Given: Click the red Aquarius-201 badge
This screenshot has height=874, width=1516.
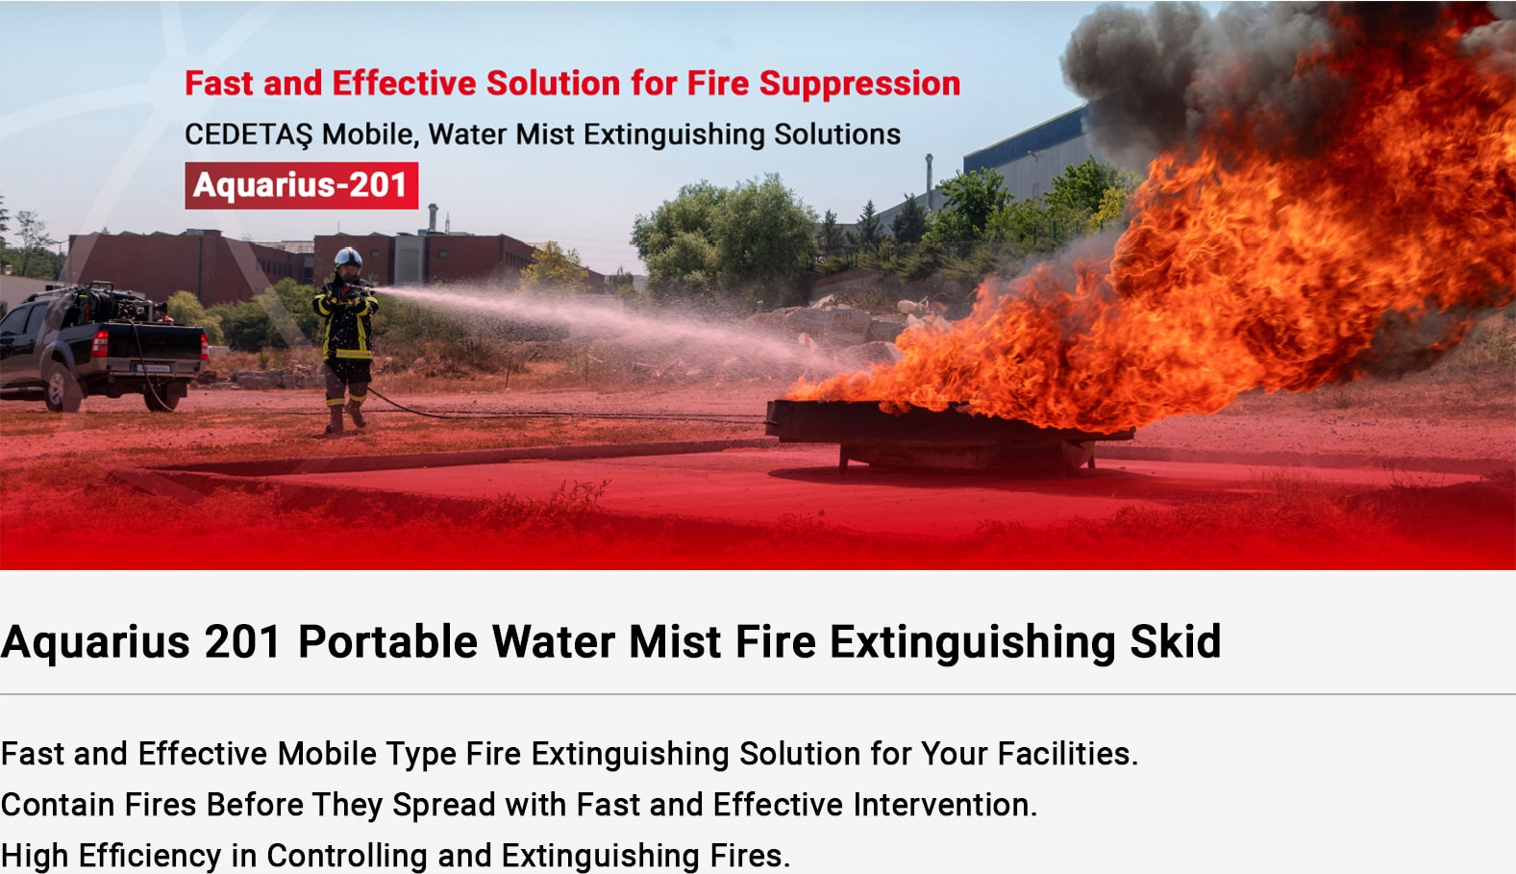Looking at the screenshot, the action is point(301,186).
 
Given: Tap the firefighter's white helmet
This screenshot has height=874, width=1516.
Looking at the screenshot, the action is point(348,258).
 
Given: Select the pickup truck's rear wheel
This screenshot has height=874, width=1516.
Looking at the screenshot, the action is point(163,397).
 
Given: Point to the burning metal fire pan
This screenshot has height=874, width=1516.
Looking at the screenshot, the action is point(948,434).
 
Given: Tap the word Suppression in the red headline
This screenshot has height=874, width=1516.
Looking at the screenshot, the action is point(859,85).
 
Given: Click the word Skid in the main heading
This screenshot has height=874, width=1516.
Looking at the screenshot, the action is point(1176,641).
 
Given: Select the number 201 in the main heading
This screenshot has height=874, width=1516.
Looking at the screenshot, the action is point(242,641).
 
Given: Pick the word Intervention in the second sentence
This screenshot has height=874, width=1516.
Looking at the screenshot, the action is point(945,805).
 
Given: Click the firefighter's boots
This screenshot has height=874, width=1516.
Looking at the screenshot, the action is point(345,417).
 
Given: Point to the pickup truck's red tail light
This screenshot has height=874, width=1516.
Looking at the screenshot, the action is point(99,343).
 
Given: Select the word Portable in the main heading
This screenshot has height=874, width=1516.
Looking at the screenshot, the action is point(387,641).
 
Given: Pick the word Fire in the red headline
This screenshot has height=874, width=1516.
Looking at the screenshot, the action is point(718,84).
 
